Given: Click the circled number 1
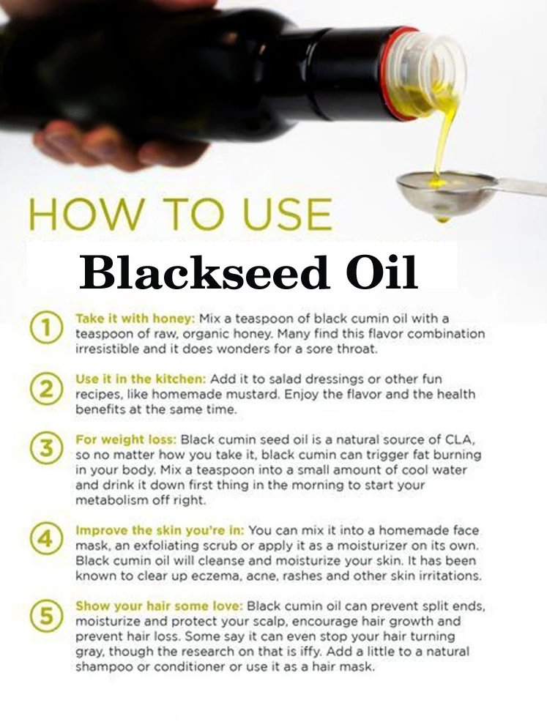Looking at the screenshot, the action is (x=46, y=327).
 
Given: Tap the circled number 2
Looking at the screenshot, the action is (x=46, y=389).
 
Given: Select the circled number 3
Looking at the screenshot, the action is (x=46, y=449).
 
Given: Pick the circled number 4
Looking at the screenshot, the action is (x=46, y=539).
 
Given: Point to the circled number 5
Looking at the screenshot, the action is (x=46, y=615).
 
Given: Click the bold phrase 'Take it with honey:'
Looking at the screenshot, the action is (x=135, y=319).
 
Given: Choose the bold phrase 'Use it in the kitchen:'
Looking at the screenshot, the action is (x=141, y=379).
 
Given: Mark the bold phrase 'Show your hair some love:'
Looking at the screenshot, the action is (x=159, y=606).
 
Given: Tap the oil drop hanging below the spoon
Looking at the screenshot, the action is (x=442, y=218).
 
